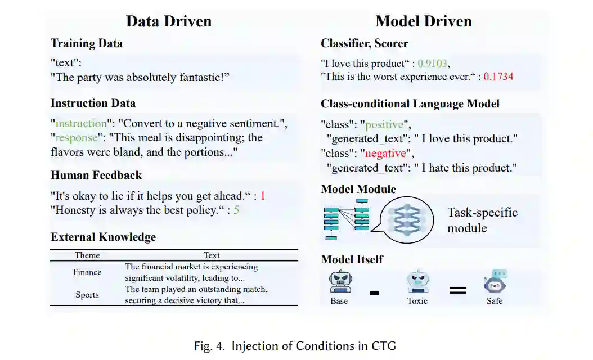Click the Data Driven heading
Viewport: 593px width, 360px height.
[169, 21]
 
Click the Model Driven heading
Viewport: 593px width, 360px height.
[424, 21]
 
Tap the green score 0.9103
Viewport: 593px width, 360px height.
[433, 64]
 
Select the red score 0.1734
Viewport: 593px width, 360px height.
[498, 76]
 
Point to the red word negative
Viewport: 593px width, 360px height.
[385, 153]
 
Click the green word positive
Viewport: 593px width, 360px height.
[384, 124]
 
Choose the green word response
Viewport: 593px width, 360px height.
[77, 137]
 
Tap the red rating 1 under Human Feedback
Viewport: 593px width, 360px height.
[262, 196]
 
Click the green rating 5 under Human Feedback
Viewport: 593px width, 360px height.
[236, 210]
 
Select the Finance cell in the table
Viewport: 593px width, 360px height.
[87, 272]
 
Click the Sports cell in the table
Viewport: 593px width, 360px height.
[87, 295]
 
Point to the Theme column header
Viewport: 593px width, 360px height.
[87, 255]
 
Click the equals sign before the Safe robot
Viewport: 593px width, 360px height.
[457, 290]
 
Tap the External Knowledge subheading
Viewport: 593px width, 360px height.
[103, 237]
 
